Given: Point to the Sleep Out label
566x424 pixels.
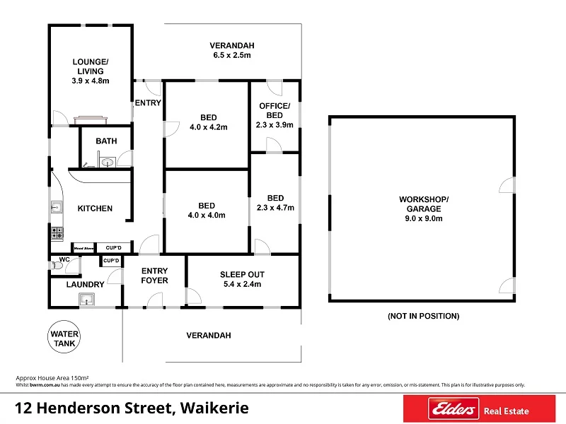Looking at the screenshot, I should coord(242,274).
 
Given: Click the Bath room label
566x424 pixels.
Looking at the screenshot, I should coord(106,141).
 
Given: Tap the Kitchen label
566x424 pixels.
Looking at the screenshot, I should coord(95,208).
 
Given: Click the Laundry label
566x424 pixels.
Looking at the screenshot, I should coord(85,285).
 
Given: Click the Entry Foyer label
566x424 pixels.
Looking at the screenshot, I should coord(154,276).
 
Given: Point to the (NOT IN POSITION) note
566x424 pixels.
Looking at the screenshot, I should coord(423,316).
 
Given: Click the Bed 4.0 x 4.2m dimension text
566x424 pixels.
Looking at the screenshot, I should coord(208,128).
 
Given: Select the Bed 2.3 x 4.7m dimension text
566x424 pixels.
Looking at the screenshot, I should coord(275,208).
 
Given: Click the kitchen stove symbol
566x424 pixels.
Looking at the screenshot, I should coord(57,232).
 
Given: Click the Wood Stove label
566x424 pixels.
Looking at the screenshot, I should coord(84,248).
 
